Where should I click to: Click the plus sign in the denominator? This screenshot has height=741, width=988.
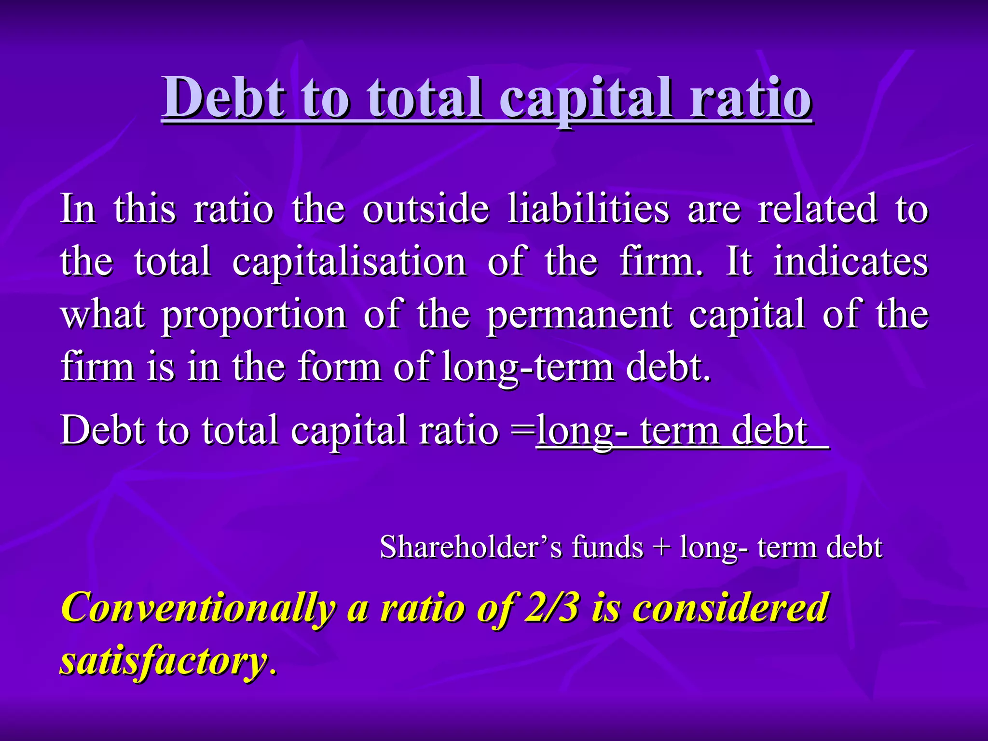(x=661, y=548)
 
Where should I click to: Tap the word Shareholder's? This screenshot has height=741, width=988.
(x=471, y=548)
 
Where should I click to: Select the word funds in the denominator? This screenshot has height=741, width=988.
(x=607, y=548)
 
